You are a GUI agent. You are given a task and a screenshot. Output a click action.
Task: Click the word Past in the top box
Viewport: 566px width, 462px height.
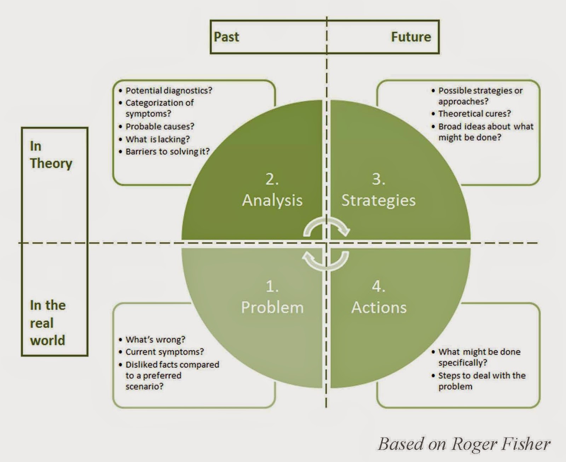point(226,37)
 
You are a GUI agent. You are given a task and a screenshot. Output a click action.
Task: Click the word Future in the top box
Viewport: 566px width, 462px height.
point(411,37)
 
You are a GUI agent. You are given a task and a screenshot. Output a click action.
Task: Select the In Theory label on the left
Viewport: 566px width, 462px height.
point(51,155)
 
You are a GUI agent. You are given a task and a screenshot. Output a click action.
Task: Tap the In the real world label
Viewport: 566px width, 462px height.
point(47,322)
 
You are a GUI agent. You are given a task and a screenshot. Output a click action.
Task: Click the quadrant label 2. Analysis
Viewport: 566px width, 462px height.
point(272,191)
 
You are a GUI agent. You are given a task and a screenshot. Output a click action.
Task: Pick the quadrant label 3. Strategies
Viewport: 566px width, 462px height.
point(378,191)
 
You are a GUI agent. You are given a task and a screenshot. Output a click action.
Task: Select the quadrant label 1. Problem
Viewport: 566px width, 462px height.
point(272,298)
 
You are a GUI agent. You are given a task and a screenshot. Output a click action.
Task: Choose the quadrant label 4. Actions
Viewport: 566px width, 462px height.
point(379,298)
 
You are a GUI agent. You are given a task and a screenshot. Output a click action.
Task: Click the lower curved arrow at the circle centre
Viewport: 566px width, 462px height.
point(325,261)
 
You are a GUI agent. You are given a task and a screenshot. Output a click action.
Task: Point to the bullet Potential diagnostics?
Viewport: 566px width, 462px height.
point(168,90)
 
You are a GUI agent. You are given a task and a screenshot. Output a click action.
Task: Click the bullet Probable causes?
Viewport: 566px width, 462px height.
point(160,127)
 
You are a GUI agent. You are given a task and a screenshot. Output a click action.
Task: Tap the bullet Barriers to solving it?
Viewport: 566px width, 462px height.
point(167,152)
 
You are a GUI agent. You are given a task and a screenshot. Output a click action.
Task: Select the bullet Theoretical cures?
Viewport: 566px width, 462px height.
point(474,114)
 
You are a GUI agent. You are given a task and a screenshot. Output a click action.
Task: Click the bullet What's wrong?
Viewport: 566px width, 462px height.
point(155,340)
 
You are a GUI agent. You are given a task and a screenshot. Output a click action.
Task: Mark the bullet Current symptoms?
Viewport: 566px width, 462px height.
point(164,352)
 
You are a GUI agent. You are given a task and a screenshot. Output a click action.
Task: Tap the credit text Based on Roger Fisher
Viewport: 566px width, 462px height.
point(464,444)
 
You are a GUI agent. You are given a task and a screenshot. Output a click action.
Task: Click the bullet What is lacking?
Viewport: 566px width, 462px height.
point(157,139)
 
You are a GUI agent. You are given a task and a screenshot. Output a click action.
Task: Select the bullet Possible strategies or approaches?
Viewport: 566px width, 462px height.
point(480,96)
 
